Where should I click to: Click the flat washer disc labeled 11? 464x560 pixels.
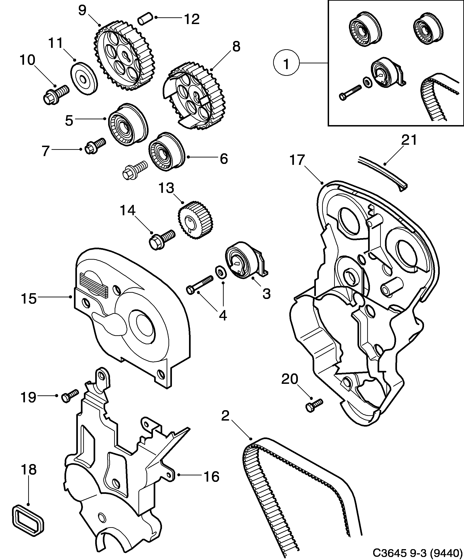(84, 78)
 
